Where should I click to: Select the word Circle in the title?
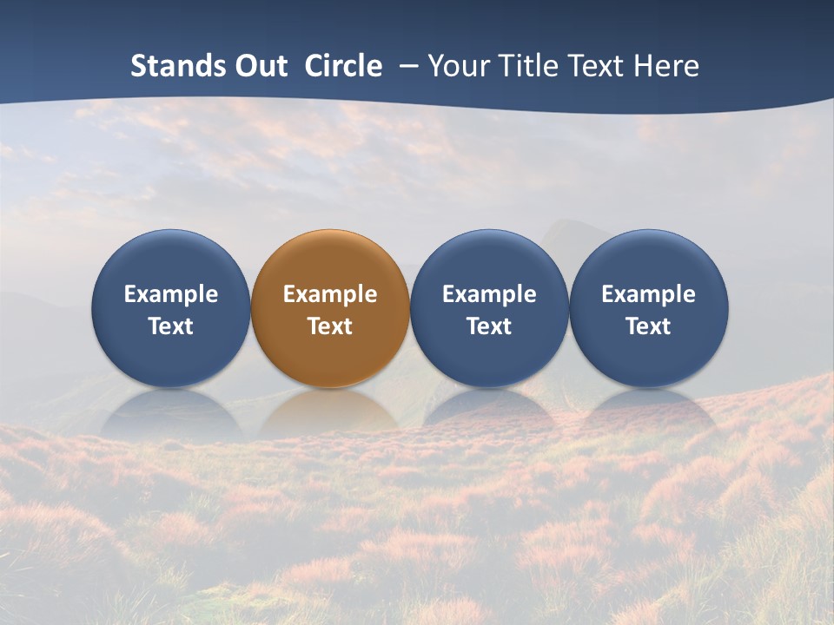(343, 66)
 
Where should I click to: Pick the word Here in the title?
(667, 66)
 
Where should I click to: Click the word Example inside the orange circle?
(330, 294)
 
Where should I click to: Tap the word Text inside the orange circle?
(330, 326)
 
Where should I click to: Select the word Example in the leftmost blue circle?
(171, 294)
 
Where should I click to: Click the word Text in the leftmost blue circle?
(171, 326)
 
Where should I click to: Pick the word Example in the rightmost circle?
(648, 294)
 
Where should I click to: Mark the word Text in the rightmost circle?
(648, 326)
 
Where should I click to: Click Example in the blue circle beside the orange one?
(489, 294)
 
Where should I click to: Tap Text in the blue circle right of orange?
(489, 326)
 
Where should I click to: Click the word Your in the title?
(460, 66)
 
